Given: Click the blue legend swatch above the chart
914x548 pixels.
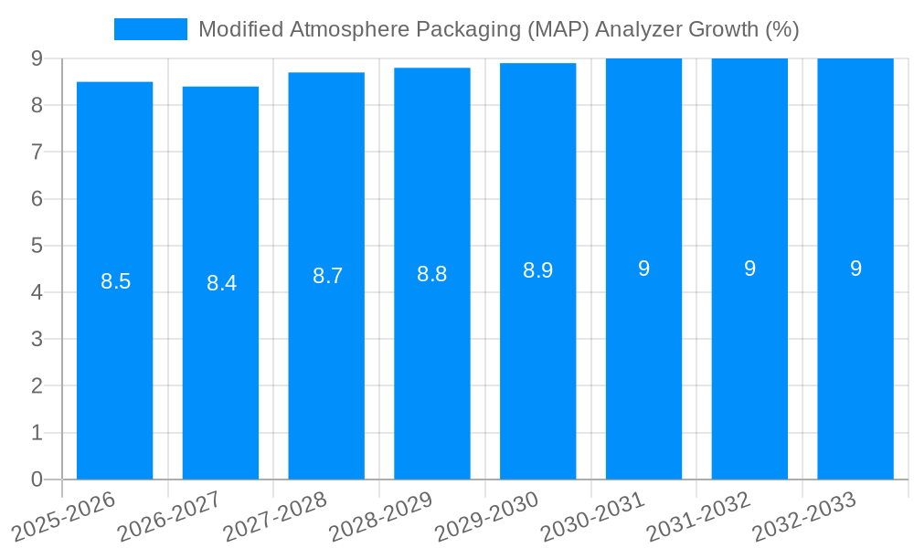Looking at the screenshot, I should tap(150, 29).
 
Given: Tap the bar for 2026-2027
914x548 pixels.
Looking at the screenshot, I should tap(220, 365).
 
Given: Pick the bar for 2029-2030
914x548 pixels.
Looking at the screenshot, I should tap(537, 365).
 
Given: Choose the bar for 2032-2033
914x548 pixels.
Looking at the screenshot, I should tap(855, 365).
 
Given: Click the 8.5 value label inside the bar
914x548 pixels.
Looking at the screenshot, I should tap(116, 281).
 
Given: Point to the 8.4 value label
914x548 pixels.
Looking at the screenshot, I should tap(221, 283).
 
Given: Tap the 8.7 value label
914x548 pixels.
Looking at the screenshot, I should tap(327, 276).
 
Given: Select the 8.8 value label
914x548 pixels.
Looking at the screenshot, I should tap(432, 274).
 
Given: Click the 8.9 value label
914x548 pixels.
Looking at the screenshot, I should tap(537, 271).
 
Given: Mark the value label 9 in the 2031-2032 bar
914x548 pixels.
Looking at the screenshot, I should tap(749, 269).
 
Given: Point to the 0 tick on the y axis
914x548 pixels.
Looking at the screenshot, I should tap(37, 479).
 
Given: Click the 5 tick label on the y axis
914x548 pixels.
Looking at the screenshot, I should tap(37, 246).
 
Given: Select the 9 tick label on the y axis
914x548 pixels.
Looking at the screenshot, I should tap(37, 58).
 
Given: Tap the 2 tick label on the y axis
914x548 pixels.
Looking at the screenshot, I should tap(37, 386).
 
